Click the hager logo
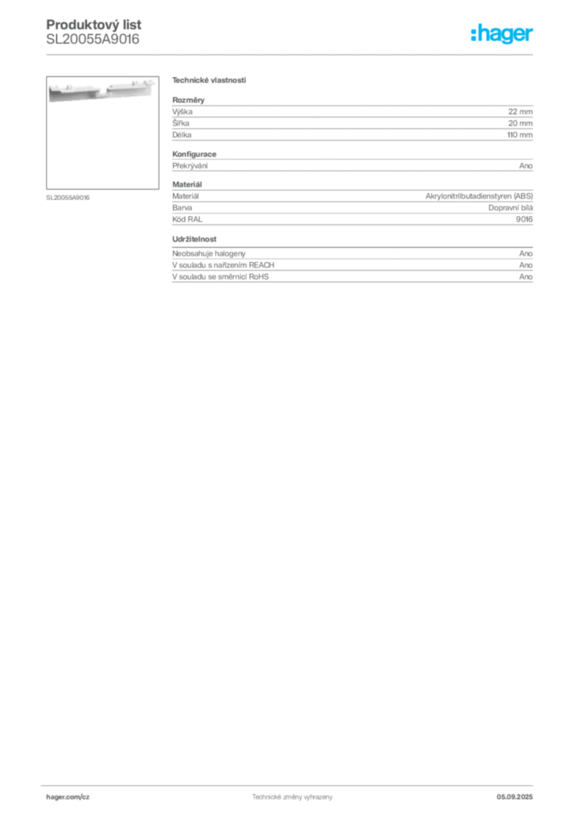(502, 33)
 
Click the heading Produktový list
(94, 25)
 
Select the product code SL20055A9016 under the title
(93, 40)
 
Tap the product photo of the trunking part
(102, 133)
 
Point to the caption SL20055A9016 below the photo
(68, 198)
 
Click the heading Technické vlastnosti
(209, 80)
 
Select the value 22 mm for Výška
(520, 111)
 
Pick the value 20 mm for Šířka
(520, 123)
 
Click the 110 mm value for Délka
(519, 135)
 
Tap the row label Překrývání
(190, 166)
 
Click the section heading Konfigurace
(194, 154)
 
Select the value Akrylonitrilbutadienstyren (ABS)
(479, 196)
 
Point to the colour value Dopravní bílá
(511, 208)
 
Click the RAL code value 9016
(524, 219)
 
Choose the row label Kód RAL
(187, 219)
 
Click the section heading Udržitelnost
(194, 239)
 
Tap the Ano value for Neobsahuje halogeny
(526, 253)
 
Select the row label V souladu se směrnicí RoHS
(220, 277)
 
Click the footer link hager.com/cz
(68, 797)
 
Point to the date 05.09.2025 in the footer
(515, 797)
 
